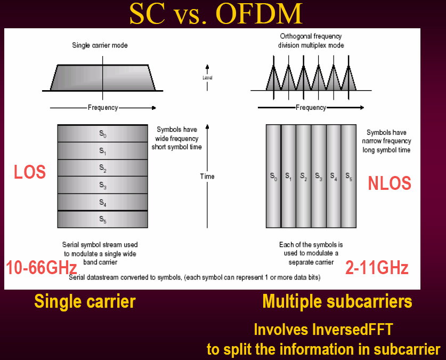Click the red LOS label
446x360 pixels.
(30, 172)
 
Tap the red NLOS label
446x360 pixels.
(390, 183)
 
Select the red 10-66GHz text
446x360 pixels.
(42, 268)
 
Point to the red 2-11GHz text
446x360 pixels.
(377, 268)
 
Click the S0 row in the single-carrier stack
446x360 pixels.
(103, 133)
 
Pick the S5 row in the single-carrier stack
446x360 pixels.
(103, 219)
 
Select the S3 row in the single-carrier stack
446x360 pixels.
(103, 185)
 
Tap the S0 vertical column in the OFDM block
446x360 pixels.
(273, 176)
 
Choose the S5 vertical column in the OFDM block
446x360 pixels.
(348, 176)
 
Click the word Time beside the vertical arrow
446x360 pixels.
(207, 177)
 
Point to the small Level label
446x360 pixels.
(207, 78)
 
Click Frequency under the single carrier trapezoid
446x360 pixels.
(103, 108)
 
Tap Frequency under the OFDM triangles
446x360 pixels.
(311, 108)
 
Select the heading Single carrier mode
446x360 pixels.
(100, 45)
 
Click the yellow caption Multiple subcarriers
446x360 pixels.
(337, 301)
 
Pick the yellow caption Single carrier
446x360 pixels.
(85, 301)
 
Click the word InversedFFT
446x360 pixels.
(353, 330)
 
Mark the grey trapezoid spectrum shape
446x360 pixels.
(103, 78)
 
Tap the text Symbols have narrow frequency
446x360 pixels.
(386, 137)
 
